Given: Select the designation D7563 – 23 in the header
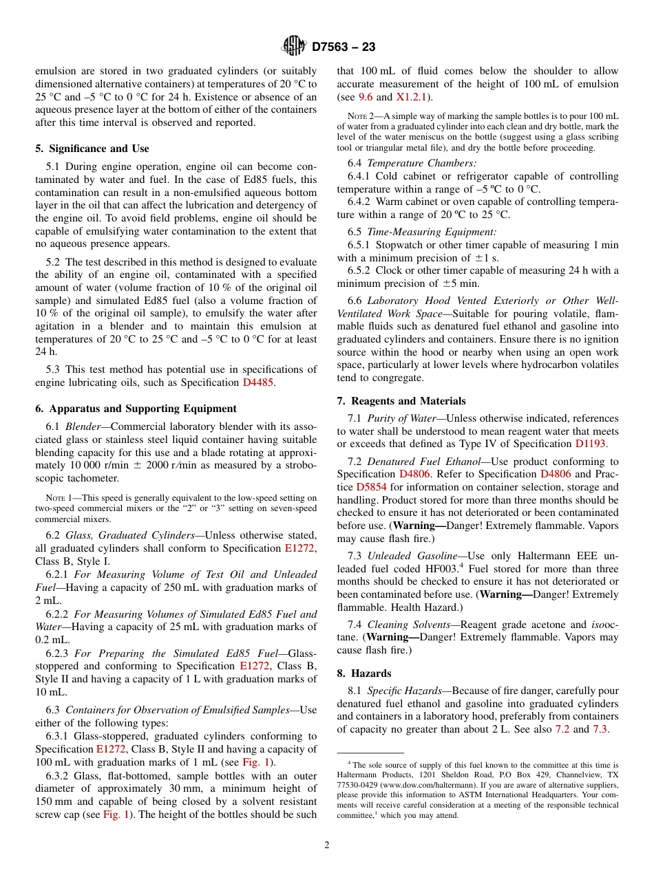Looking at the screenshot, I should pyautogui.click(x=344, y=47).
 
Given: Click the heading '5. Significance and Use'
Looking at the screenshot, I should pyautogui.click(x=92, y=149).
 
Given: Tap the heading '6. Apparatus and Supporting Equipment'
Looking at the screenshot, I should pyautogui.click(x=136, y=409).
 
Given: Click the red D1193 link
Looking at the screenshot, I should pyautogui.click(x=590, y=444).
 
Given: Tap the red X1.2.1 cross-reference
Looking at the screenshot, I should pyautogui.click(x=412, y=97).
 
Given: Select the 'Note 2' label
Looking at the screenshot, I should pyautogui.click(x=361, y=116).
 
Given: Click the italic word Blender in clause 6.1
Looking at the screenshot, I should pyautogui.click(x=83, y=426).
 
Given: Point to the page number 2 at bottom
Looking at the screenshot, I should pyautogui.click(x=327, y=845).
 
